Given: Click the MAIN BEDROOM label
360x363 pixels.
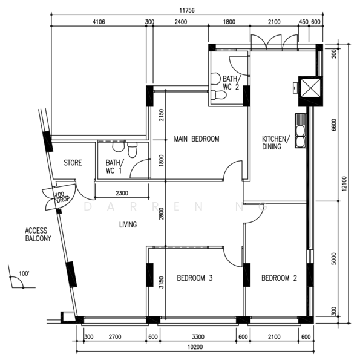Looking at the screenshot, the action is pyautogui.click(x=197, y=139).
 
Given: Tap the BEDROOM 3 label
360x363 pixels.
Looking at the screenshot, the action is pyautogui.click(x=194, y=278).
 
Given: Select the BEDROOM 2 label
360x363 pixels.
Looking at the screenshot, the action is pyautogui.click(x=279, y=278).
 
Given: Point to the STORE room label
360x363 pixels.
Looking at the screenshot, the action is pyautogui.click(x=73, y=163).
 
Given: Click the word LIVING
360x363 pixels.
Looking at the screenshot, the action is pyautogui.click(x=128, y=224).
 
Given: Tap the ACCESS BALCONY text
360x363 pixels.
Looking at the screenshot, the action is pyautogui.click(x=38, y=235).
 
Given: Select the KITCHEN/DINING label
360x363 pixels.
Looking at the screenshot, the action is pyautogui.click(x=276, y=143).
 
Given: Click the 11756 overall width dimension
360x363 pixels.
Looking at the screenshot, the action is pyautogui.click(x=187, y=11).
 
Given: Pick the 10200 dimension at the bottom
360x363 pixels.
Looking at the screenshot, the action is pyautogui.click(x=195, y=347).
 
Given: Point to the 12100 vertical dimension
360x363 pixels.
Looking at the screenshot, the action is pyautogui.click(x=344, y=183).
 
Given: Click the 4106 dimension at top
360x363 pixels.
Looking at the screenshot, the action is pyautogui.click(x=99, y=22).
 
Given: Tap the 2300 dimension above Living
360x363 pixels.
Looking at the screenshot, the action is pyautogui.click(x=122, y=193).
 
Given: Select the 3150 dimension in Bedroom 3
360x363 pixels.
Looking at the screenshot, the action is pyautogui.click(x=162, y=282).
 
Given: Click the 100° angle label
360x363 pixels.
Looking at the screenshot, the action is pyautogui.click(x=24, y=273).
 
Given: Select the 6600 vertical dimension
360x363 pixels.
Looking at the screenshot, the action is pyautogui.click(x=333, y=125).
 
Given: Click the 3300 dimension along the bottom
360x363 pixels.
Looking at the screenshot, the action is pyautogui.click(x=198, y=336).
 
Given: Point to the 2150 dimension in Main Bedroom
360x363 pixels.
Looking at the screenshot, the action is pyautogui.click(x=162, y=115).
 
